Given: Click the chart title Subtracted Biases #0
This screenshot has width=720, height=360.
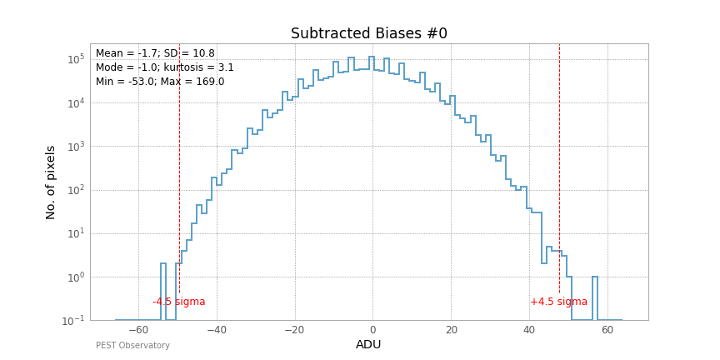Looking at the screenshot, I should [368, 34].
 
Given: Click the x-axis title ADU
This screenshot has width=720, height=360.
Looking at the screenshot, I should [368, 345].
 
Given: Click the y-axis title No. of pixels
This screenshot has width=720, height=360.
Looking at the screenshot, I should [51, 182].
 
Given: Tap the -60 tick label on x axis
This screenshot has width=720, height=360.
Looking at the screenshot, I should [137, 330].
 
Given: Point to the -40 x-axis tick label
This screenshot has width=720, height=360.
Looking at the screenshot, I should [216, 330].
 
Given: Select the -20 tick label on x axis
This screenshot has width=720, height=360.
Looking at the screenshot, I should [294, 330].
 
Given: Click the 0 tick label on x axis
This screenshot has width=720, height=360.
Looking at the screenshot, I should [372, 330].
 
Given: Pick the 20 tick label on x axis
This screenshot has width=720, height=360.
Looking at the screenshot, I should [451, 330].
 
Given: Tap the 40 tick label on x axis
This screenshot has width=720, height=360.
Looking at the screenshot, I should [529, 330].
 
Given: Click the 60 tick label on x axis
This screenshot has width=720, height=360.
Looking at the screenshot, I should [607, 330].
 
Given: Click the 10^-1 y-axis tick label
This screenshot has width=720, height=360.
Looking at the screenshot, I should [75, 321].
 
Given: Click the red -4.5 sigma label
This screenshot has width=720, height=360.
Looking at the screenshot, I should [178, 302].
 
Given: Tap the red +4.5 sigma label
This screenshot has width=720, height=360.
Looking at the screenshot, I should [558, 302].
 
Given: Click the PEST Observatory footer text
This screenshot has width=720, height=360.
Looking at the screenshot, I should [132, 346].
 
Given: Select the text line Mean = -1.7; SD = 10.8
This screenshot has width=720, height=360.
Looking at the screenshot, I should [155, 53].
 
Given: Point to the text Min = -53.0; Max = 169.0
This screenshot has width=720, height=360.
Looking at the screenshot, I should [160, 82].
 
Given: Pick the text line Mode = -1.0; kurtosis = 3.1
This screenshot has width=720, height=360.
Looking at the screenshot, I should [165, 67].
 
